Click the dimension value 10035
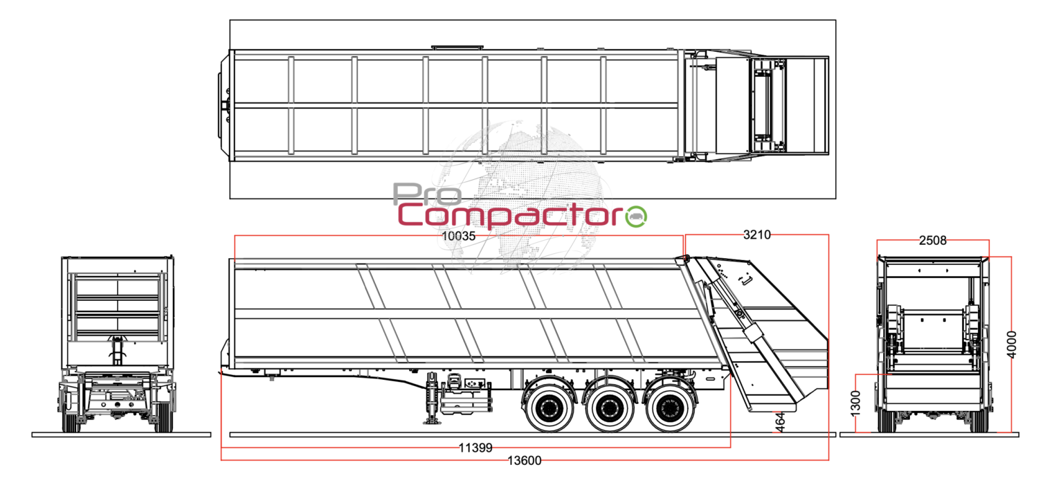(x=459, y=235)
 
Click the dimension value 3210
(x=756, y=235)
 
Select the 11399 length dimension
(x=475, y=448)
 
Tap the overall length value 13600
(x=525, y=461)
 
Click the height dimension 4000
(x=1012, y=344)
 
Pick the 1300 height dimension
(x=856, y=403)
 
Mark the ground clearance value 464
(x=780, y=422)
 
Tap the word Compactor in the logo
(x=510, y=216)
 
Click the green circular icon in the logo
(x=636, y=216)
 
